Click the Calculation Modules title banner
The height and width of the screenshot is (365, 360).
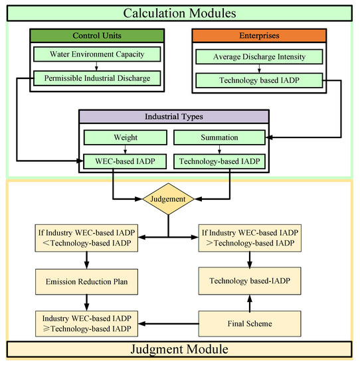pos(179,11)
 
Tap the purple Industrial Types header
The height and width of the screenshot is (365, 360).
pos(174,117)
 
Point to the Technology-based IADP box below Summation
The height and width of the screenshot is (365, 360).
pos(220,161)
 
